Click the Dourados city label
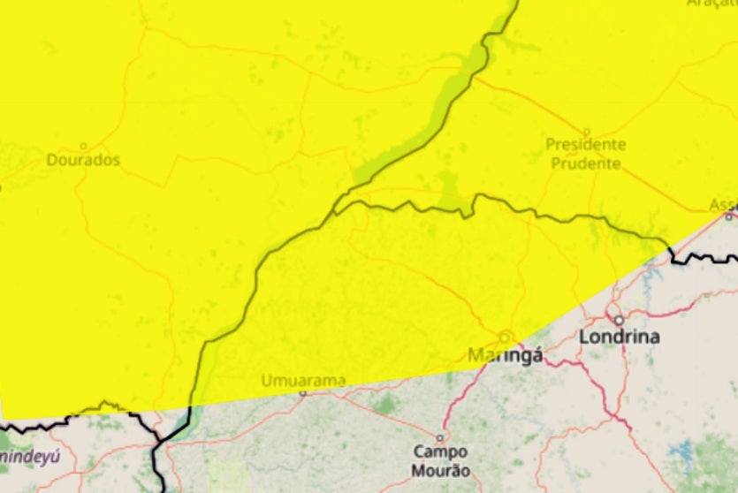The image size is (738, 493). pyautogui.click(x=83, y=161)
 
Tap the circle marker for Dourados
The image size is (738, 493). pyautogui.click(x=84, y=147)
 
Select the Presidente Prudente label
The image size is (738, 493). pyautogui.click(x=585, y=153)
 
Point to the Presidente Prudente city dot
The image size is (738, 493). pyautogui.click(x=585, y=132)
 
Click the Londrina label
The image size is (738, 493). pyautogui.click(x=619, y=337)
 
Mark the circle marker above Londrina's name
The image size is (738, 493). pyautogui.click(x=619, y=320)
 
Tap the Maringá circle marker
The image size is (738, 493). pyautogui.click(x=505, y=337)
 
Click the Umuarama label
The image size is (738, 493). pyautogui.click(x=303, y=381)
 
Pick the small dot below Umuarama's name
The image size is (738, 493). pyautogui.click(x=303, y=392)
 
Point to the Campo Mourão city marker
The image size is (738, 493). pyautogui.click(x=439, y=437)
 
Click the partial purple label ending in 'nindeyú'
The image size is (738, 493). pyautogui.click(x=30, y=457)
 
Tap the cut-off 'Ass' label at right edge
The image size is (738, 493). pyautogui.click(x=723, y=205)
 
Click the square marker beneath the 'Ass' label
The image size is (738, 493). pyautogui.click(x=728, y=216)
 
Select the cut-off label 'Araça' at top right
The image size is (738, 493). pyautogui.click(x=711, y=5)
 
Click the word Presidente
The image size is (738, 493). pyautogui.click(x=585, y=144)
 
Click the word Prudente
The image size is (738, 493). pyautogui.click(x=585, y=163)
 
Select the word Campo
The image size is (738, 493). pyautogui.click(x=440, y=451)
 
